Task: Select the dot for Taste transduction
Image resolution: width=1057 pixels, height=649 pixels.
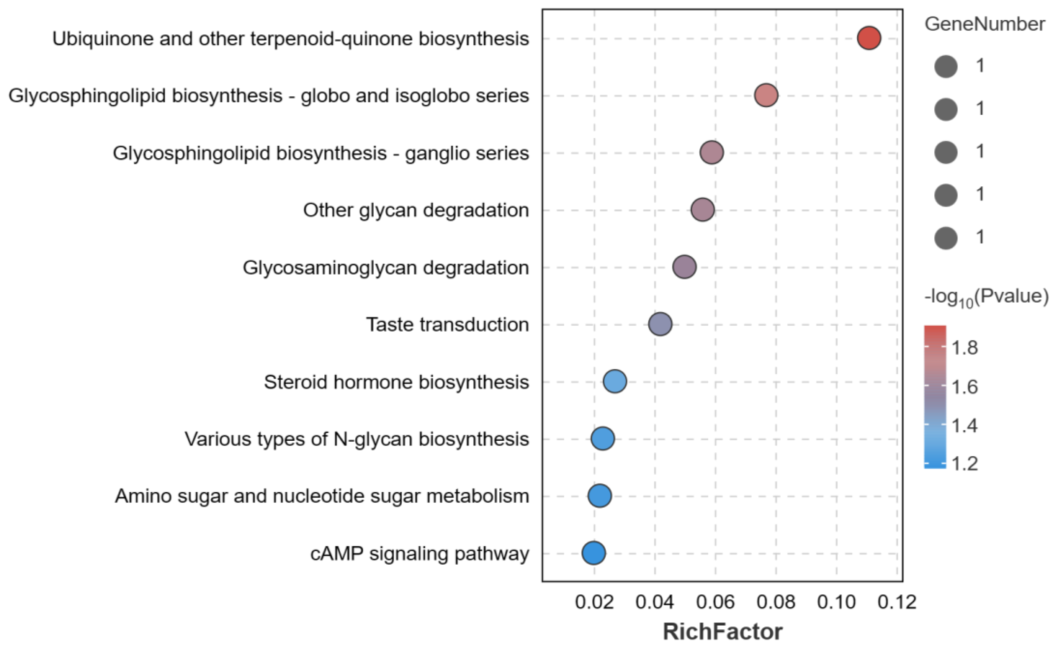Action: pyautogui.click(x=660, y=324)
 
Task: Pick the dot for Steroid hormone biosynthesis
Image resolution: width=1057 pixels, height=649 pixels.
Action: pyautogui.click(x=615, y=381)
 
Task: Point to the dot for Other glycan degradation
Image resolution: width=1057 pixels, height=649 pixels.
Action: pyautogui.click(x=703, y=210)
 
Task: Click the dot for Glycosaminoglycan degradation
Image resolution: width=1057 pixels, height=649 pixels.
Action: pyautogui.click(x=685, y=267)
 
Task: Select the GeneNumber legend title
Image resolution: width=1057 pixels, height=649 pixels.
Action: pyautogui.click(x=985, y=24)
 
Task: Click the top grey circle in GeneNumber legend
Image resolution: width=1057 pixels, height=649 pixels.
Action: pyautogui.click(x=946, y=67)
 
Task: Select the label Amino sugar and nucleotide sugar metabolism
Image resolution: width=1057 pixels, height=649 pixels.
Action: pyautogui.click(x=322, y=496)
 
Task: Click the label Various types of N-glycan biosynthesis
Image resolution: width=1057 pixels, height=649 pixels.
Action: pyautogui.click(x=357, y=439)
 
